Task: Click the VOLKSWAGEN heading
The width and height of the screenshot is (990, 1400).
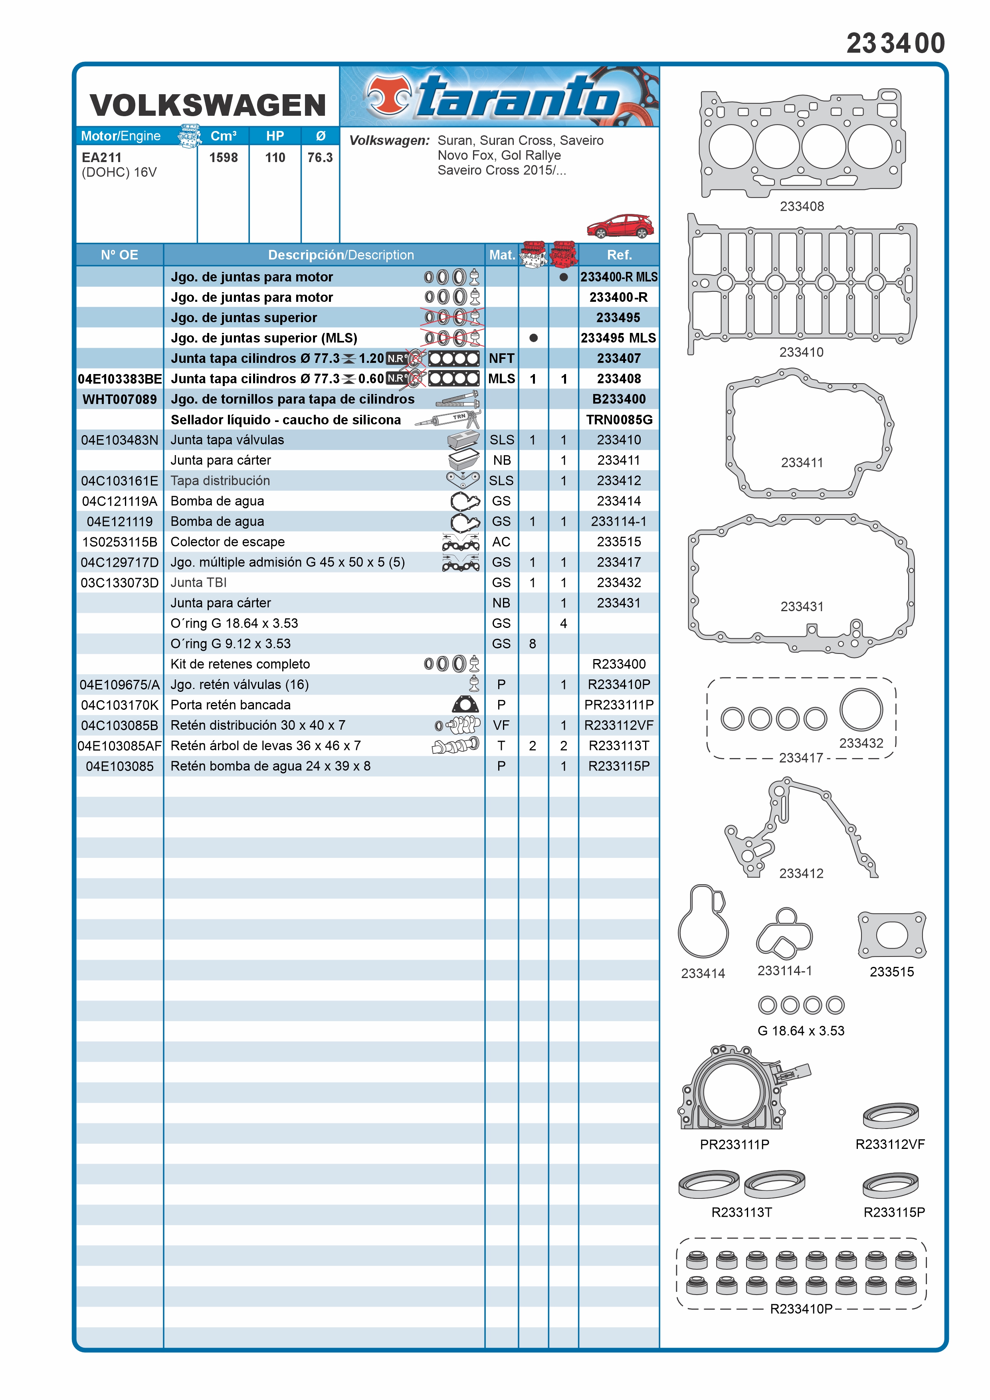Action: pos(208,105)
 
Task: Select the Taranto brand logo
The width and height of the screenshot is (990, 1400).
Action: pos(499,96)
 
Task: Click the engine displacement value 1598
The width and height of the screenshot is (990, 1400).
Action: pos(223,157)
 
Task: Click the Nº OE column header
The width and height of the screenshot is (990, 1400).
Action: pos(119,255)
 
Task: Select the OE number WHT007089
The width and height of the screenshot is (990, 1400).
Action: pos(119,399)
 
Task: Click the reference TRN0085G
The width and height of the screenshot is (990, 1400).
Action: pos(619,420)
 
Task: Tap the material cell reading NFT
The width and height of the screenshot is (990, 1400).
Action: pos(501,358)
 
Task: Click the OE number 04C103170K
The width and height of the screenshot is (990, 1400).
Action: pos(119,705)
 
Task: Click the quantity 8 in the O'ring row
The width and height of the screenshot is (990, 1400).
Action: pos(532,644)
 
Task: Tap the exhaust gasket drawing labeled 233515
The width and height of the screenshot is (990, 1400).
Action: pos(892,935)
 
